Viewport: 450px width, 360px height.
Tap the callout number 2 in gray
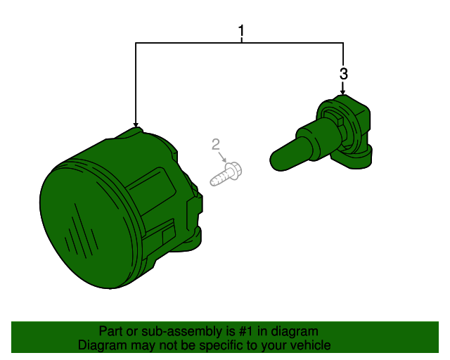(x=216, y=144)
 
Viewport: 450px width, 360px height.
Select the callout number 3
(x=344, y=74)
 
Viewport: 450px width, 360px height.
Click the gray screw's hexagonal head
(x=235, y=171)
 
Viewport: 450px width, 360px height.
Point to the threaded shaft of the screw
(x=220, y=178)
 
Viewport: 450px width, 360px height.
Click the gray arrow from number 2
(x=222, y=157)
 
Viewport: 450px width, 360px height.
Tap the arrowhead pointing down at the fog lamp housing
(x=136, y=124)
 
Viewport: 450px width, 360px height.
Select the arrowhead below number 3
(x=342, y=92)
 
